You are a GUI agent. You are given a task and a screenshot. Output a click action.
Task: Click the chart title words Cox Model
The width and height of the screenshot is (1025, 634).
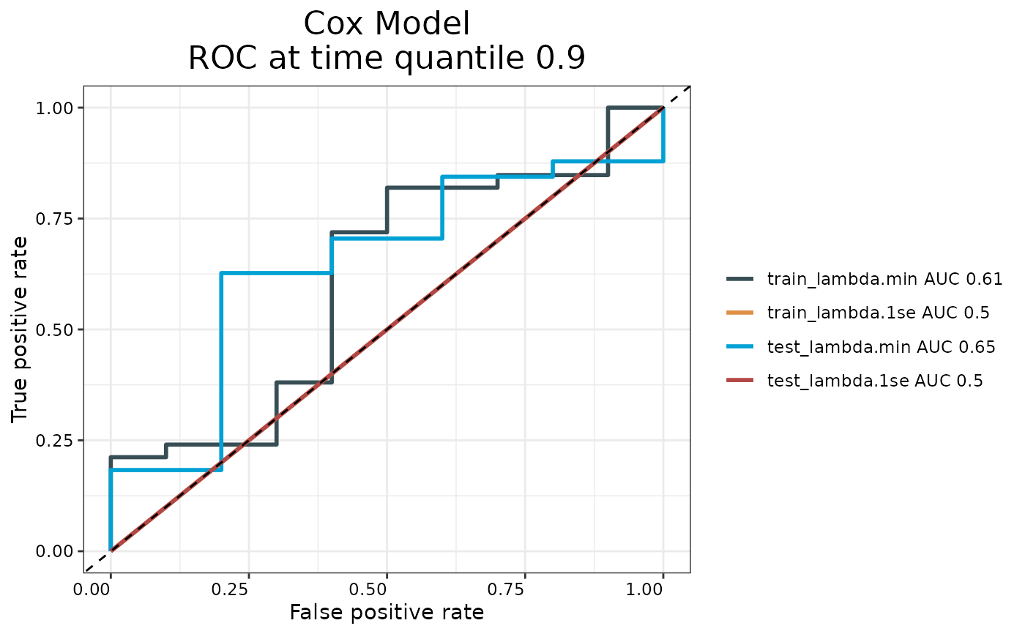click(387, 24)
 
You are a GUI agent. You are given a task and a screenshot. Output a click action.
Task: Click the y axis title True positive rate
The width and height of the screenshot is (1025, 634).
click(20, 329)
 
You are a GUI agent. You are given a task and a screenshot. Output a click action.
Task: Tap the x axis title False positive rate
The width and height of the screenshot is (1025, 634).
click(387, 613)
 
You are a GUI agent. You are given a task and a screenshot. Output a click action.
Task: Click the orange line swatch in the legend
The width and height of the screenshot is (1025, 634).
click(740, 313)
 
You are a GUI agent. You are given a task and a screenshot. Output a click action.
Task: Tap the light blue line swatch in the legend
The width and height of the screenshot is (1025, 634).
click(740, 347)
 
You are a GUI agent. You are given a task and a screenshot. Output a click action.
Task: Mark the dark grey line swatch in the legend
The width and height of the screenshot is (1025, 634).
click(740, 279)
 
